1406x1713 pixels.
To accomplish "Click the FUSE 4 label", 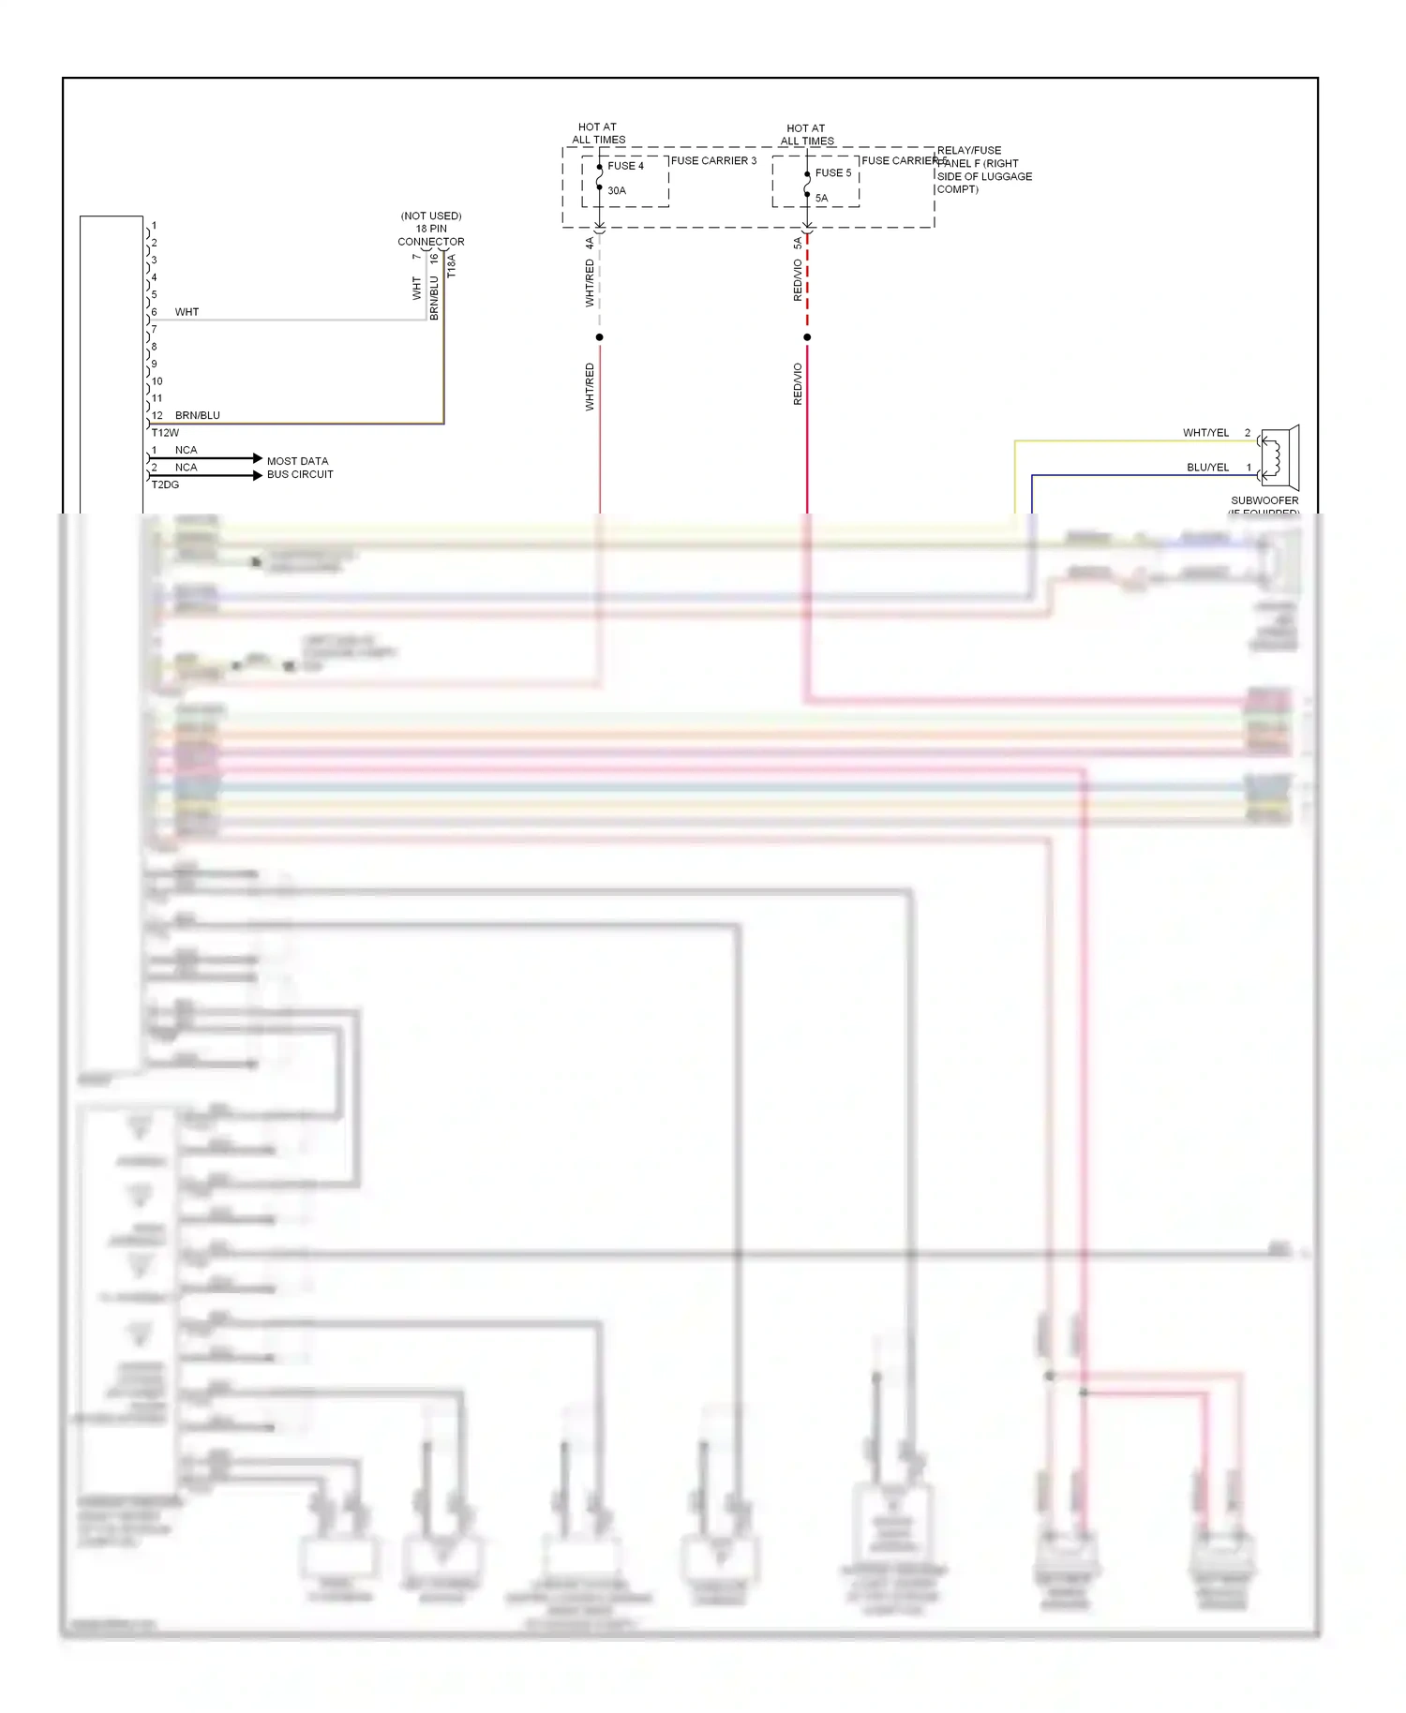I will pyautogui.click(x=625, y=166).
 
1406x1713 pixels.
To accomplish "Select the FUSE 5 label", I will pyautogui.click(x=833, y=173).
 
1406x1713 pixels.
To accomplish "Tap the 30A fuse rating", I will pyautogui.click(x=617, y=190).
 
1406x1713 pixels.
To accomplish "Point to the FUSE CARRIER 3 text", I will pyautogui.click(x=713, y=161).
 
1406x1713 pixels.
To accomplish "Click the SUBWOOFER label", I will pyautogui.click(x=1264, y=500).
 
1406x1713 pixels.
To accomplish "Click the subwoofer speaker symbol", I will pyautogui.click(x=1279, y=457).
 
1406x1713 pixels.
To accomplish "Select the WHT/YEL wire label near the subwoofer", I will pyautogui.click(x=1205, y=433).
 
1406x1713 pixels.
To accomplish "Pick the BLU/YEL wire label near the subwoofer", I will pyautogui.click(x=1207, y=468).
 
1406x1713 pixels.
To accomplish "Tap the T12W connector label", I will pyautogui.click(x=165, y=433).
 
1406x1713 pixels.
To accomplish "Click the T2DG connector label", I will pyautogui.click(x=165, y=484).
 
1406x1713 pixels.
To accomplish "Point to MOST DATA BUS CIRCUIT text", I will pyautogui.click(x=299, y=468).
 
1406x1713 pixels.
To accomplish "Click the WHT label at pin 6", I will pyautogui.click(x=187, y=312).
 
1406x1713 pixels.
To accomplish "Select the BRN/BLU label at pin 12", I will pyautogui.click(x=197, y=415).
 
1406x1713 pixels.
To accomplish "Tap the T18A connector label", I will pyautogui.click(x=451, y=265).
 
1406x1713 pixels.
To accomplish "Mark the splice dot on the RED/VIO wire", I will pyautogui.click(x=807, y=337).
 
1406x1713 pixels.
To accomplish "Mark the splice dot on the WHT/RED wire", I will pyautogui.click(x=600, y=337).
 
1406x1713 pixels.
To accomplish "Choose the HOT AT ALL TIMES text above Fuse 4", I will pyautogui.click(x=598, y=133).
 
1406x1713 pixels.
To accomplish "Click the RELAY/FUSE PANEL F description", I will pyautogui.click(x=983, y=170).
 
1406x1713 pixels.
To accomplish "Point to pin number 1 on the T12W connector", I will pyautogui.click(x=154, y=226).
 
